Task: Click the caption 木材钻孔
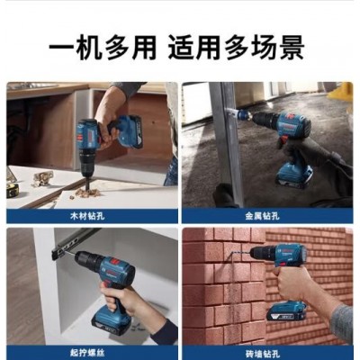coord(87,216)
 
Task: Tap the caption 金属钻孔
coord(263,216)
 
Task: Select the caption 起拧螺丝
coord(87,353)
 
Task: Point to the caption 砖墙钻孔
coord(263,353)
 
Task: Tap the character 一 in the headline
coord(61,48)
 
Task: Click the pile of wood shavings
coord(87,192)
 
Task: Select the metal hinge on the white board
coord(42,178)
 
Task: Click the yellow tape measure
coord(13,190)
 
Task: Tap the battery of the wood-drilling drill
coord(130,132)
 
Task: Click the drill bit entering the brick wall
coord(239,255)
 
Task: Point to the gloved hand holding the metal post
coord(226,195)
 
